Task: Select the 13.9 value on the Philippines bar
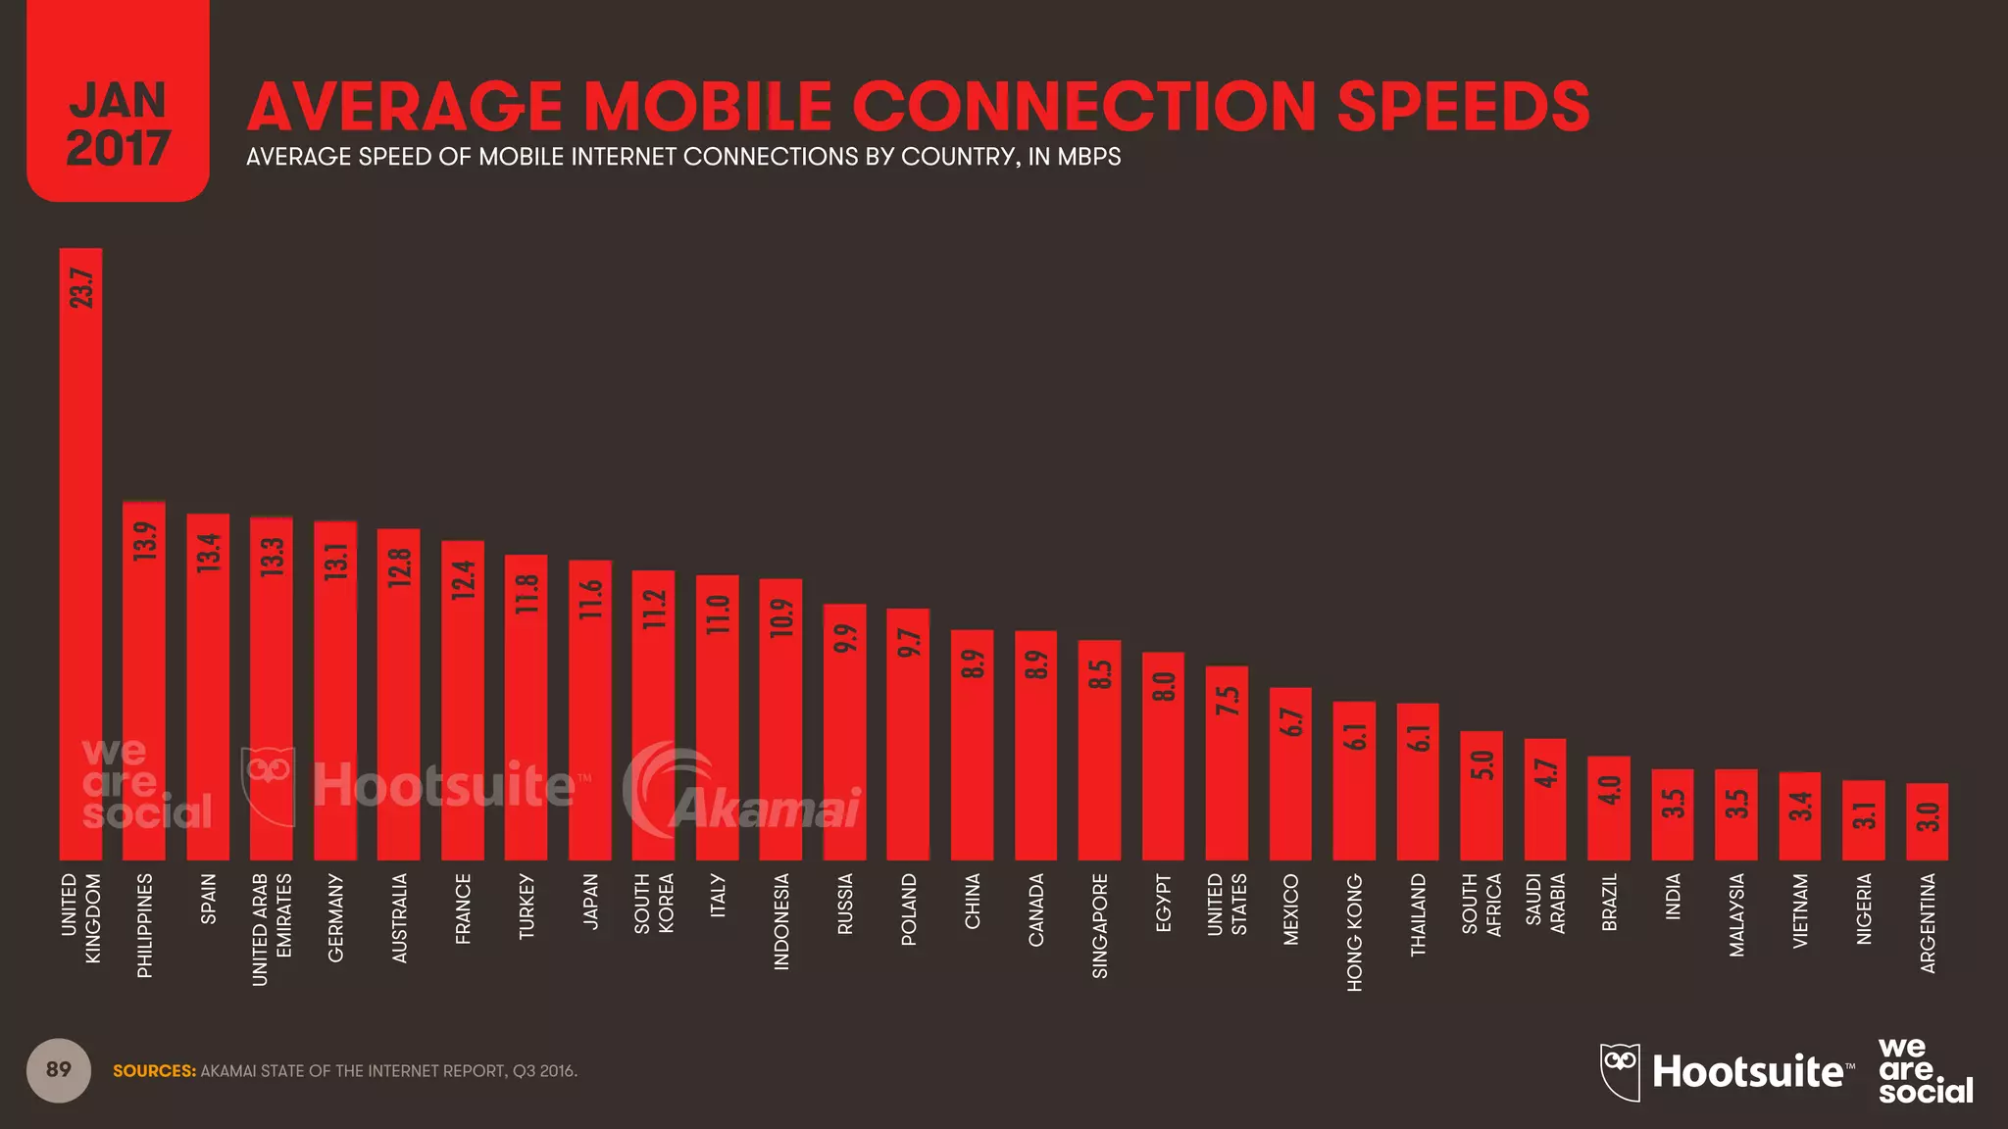tap(145, 541)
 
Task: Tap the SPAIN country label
tap(208, 899)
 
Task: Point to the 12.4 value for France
tap(463, 579)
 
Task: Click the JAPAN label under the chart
tap(590, 901)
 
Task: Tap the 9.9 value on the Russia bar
tap(845, 638)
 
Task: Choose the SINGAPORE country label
tap(1100, 925)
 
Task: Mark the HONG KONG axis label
tap(1354, 932)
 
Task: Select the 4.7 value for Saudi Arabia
tap(1546, 772)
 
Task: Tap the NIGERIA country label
tap(1864, 908)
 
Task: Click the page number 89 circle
tap(59, 1069)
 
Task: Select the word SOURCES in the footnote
tap(154, 1071)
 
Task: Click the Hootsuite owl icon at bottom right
tap(1620, 1070)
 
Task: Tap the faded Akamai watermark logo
tap(745, 794)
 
